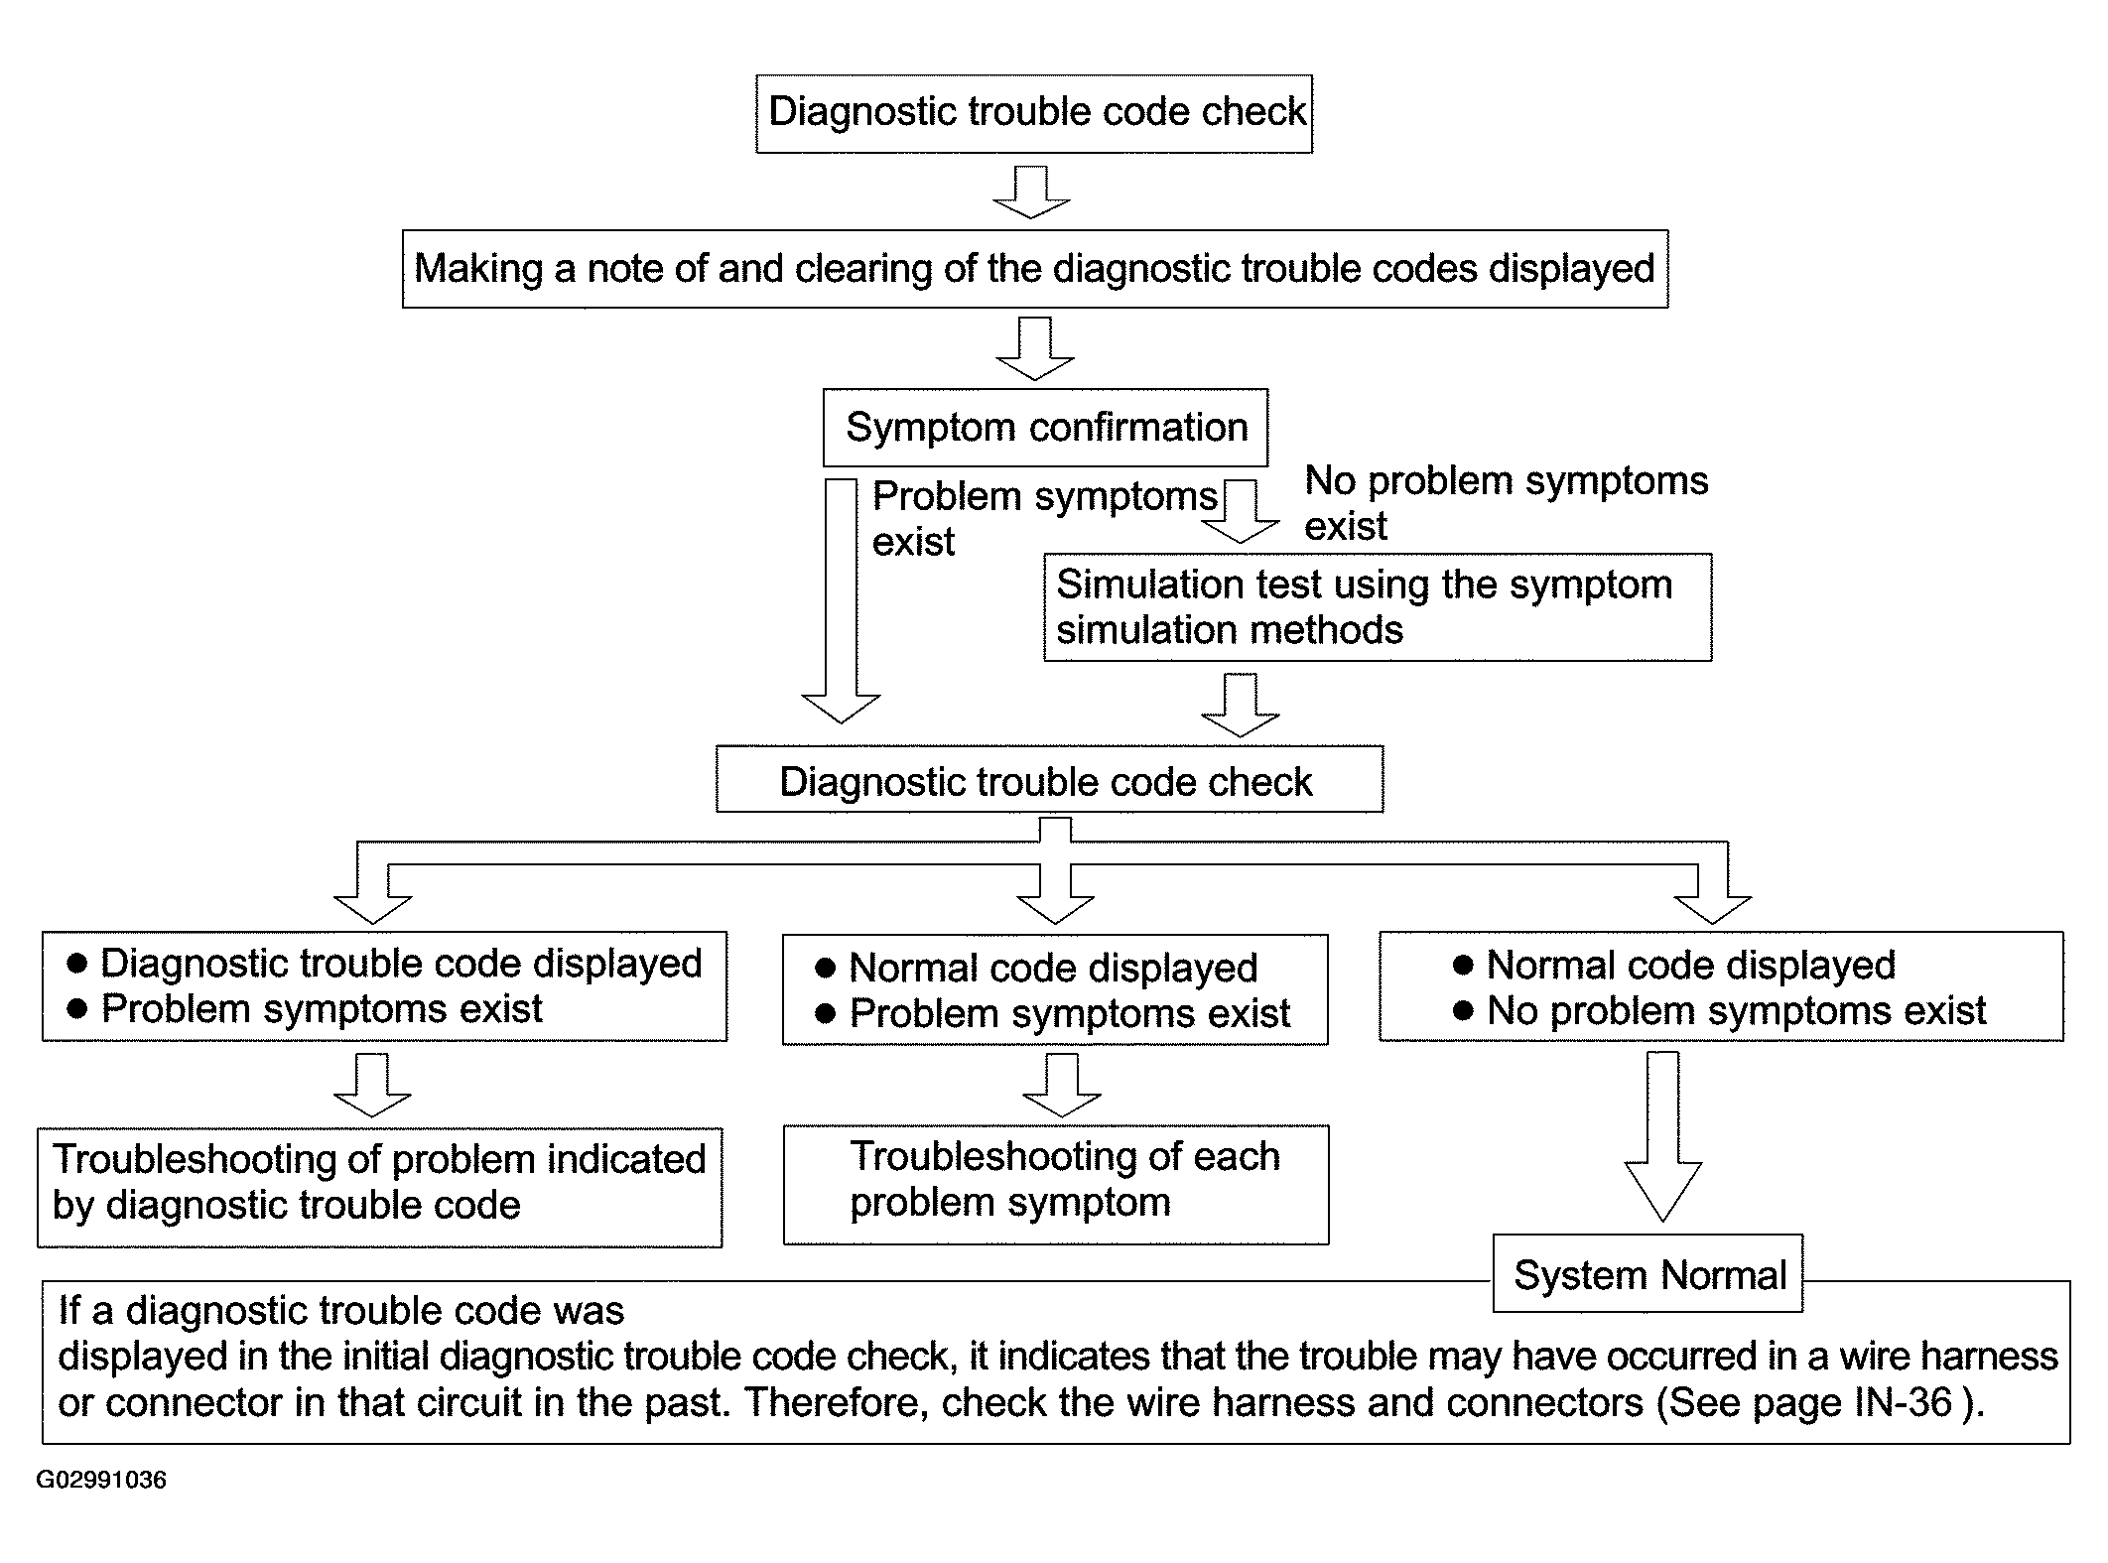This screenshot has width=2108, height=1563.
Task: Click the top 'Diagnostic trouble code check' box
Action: click(1033, 113)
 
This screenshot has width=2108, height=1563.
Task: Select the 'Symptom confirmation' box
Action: click(1045, 427)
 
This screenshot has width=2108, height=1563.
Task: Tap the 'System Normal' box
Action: click(1647, 1274)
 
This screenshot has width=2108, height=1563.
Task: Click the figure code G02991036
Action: click(101, 1480)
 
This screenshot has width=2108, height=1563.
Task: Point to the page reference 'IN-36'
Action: click(1902, 1403)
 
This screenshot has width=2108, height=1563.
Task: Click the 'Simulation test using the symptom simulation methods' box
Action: click(1377, 606)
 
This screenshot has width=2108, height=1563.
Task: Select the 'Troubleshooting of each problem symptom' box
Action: click(1055, 1183)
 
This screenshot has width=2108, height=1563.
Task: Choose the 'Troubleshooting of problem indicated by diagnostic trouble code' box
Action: click(379, 1186)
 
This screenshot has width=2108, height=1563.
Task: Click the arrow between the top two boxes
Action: click(1032, 193)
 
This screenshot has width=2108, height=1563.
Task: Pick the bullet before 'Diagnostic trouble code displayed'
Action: click(76, 964)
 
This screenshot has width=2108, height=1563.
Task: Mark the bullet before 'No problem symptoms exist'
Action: click(1462, 1011)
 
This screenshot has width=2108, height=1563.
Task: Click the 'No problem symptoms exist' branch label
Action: click(1505, 503)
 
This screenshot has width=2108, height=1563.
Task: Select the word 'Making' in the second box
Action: click(478, 269)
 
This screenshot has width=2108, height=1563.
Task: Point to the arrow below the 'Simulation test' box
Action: click(1241, 705)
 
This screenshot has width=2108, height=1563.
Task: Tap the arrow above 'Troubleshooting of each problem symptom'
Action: click(1062, 1085)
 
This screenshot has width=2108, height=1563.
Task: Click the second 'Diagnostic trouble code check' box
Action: click(1049, 781)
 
